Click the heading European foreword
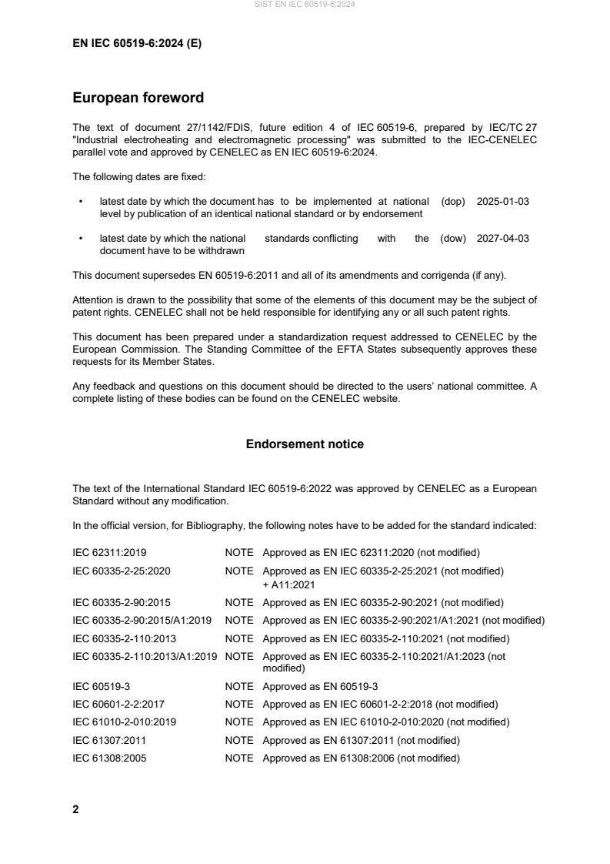pos(138,98)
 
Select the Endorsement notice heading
pos(305,444)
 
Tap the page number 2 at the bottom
pos(75,809)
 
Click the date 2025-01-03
pos(502,201)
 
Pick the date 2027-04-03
pos(502,239)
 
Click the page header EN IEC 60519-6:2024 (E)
pos(137,44)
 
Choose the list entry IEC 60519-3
pos(100,686)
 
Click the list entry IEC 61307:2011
pos(107,740)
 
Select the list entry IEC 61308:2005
pos(107,758)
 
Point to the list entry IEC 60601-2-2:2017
pos(118,704)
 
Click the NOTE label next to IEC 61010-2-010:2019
pos(238,722)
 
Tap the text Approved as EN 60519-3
pos(320,686)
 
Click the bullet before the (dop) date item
pos(81,201)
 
